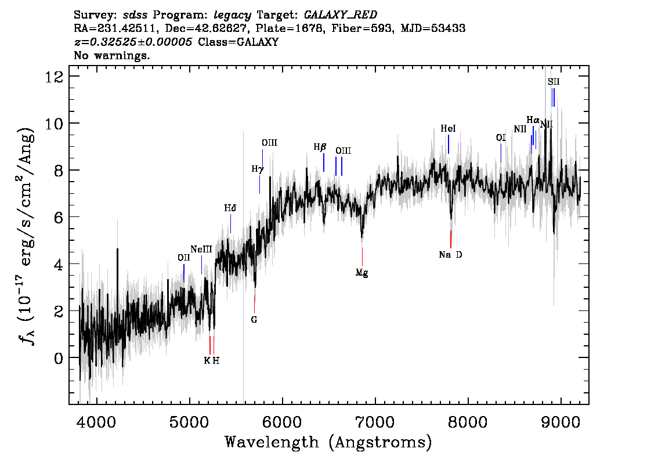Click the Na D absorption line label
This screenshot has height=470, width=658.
tap(450, 255)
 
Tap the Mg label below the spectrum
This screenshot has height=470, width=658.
tap(362, 272)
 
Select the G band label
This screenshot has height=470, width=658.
tap(254, 319)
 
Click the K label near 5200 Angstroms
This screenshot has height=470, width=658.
tap(207, 360)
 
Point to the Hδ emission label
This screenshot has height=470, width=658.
tap(230, 208)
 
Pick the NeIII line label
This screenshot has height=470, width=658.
tap(201, 250)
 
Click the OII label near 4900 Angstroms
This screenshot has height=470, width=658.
tap(184, 258)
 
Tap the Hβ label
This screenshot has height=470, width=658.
tap(320, 147)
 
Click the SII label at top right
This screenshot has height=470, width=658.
tap(554, 82)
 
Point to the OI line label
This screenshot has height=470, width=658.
tap(501, 138)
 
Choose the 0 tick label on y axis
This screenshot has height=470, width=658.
tap(59, 357)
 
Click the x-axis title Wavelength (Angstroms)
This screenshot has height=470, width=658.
tap(328, 443)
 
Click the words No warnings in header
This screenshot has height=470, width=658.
tap(112, 56)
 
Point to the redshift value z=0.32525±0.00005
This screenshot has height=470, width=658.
tap(133, 42)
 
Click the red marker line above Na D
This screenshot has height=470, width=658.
tap(451, 238)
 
